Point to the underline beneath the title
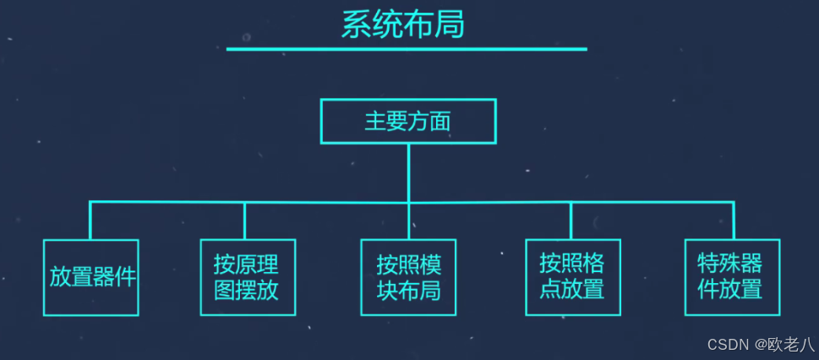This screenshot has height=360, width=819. click(407, 49)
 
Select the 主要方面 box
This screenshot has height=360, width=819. click(407, 121)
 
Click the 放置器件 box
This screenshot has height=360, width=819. click(91, 277)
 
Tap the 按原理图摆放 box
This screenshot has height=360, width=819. click(248, 277)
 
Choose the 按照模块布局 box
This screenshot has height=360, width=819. click(409, 277)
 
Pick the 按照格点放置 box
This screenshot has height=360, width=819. click(571, 276)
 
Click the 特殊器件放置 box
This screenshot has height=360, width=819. click(732, 276)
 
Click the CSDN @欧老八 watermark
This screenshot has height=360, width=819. click(761, 345)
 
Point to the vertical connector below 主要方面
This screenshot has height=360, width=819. click(408, 172)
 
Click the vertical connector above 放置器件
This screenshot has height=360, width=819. click(90, 221)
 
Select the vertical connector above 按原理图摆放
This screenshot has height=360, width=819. click(245, 221)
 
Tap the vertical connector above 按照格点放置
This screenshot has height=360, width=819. click(571, 221)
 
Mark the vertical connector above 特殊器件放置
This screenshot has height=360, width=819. click(733, 221)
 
